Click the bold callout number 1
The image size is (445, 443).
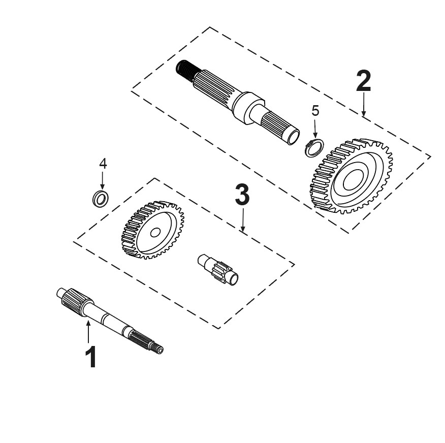point(90,357)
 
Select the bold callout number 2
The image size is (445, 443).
point(364,81)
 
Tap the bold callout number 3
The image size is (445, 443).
point(242,195)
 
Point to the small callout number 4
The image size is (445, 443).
point(103,164)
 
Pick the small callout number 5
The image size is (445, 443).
point(315,111)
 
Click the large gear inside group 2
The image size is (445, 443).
point(352,176)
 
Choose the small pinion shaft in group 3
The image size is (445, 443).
point(218,269)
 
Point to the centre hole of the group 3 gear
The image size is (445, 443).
point(155,233)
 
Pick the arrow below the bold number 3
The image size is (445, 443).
point(243,219)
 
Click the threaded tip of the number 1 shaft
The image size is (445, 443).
point(156,349)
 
